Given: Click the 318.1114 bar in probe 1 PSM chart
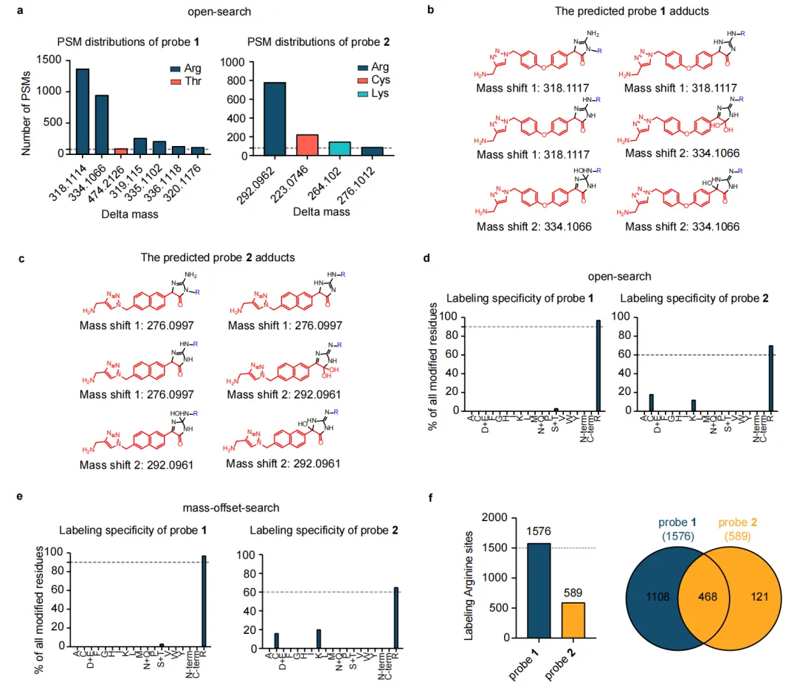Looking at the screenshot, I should point(83,111).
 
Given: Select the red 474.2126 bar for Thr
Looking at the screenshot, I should point(121,151).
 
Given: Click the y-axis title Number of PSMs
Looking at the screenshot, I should point(27,108).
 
